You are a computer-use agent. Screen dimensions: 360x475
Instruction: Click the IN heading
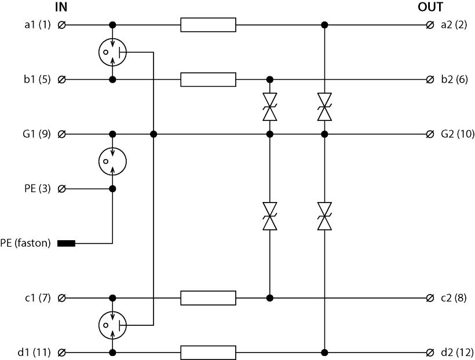coord(61,8)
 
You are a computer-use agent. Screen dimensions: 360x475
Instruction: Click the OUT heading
coord(430,8)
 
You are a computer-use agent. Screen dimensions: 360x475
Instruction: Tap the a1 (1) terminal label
coord(37,25)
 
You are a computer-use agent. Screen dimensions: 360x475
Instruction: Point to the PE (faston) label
coord(28,244)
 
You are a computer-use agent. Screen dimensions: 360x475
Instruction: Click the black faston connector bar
coord(67,244)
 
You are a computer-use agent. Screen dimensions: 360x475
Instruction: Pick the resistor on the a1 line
coord(208,25)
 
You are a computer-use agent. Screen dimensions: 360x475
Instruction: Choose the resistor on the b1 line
coord(208,79)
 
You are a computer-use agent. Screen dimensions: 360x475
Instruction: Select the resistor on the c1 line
coord(208,298)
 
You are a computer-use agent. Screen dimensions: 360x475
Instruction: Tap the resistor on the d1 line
coord(208,352)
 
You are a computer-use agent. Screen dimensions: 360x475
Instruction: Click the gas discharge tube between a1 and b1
coord(112,52)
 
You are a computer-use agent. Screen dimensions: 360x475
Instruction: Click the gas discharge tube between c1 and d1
coord(112,325)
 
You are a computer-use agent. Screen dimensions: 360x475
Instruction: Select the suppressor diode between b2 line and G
coord(269,107)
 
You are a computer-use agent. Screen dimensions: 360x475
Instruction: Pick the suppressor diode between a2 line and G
coord(324,107)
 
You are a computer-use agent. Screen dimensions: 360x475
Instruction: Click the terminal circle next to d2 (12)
coord(430,352)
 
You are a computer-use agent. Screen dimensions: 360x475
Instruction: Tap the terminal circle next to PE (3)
coord(62,189)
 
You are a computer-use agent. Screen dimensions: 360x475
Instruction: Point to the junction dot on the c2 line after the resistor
coord(269,298)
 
